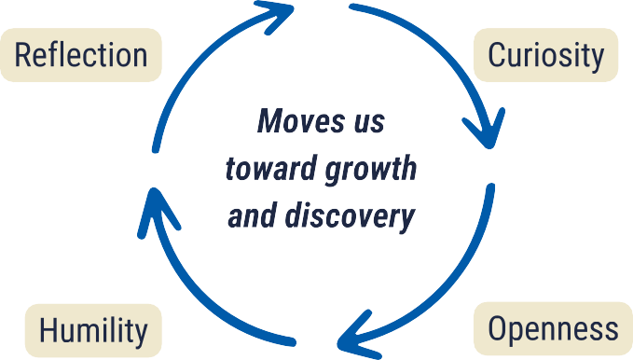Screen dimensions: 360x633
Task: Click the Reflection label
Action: pyautogui.click(x=81, y=55)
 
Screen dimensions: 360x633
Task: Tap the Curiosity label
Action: pyautogui.click(x=546, y=55)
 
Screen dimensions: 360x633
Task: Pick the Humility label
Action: pyautogui.click(x=93, y=330)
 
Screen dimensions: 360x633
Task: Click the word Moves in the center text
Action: pyautogui.click(x=295, y=122)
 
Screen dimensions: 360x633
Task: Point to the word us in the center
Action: pyautogui.click(x=365, y=122)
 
